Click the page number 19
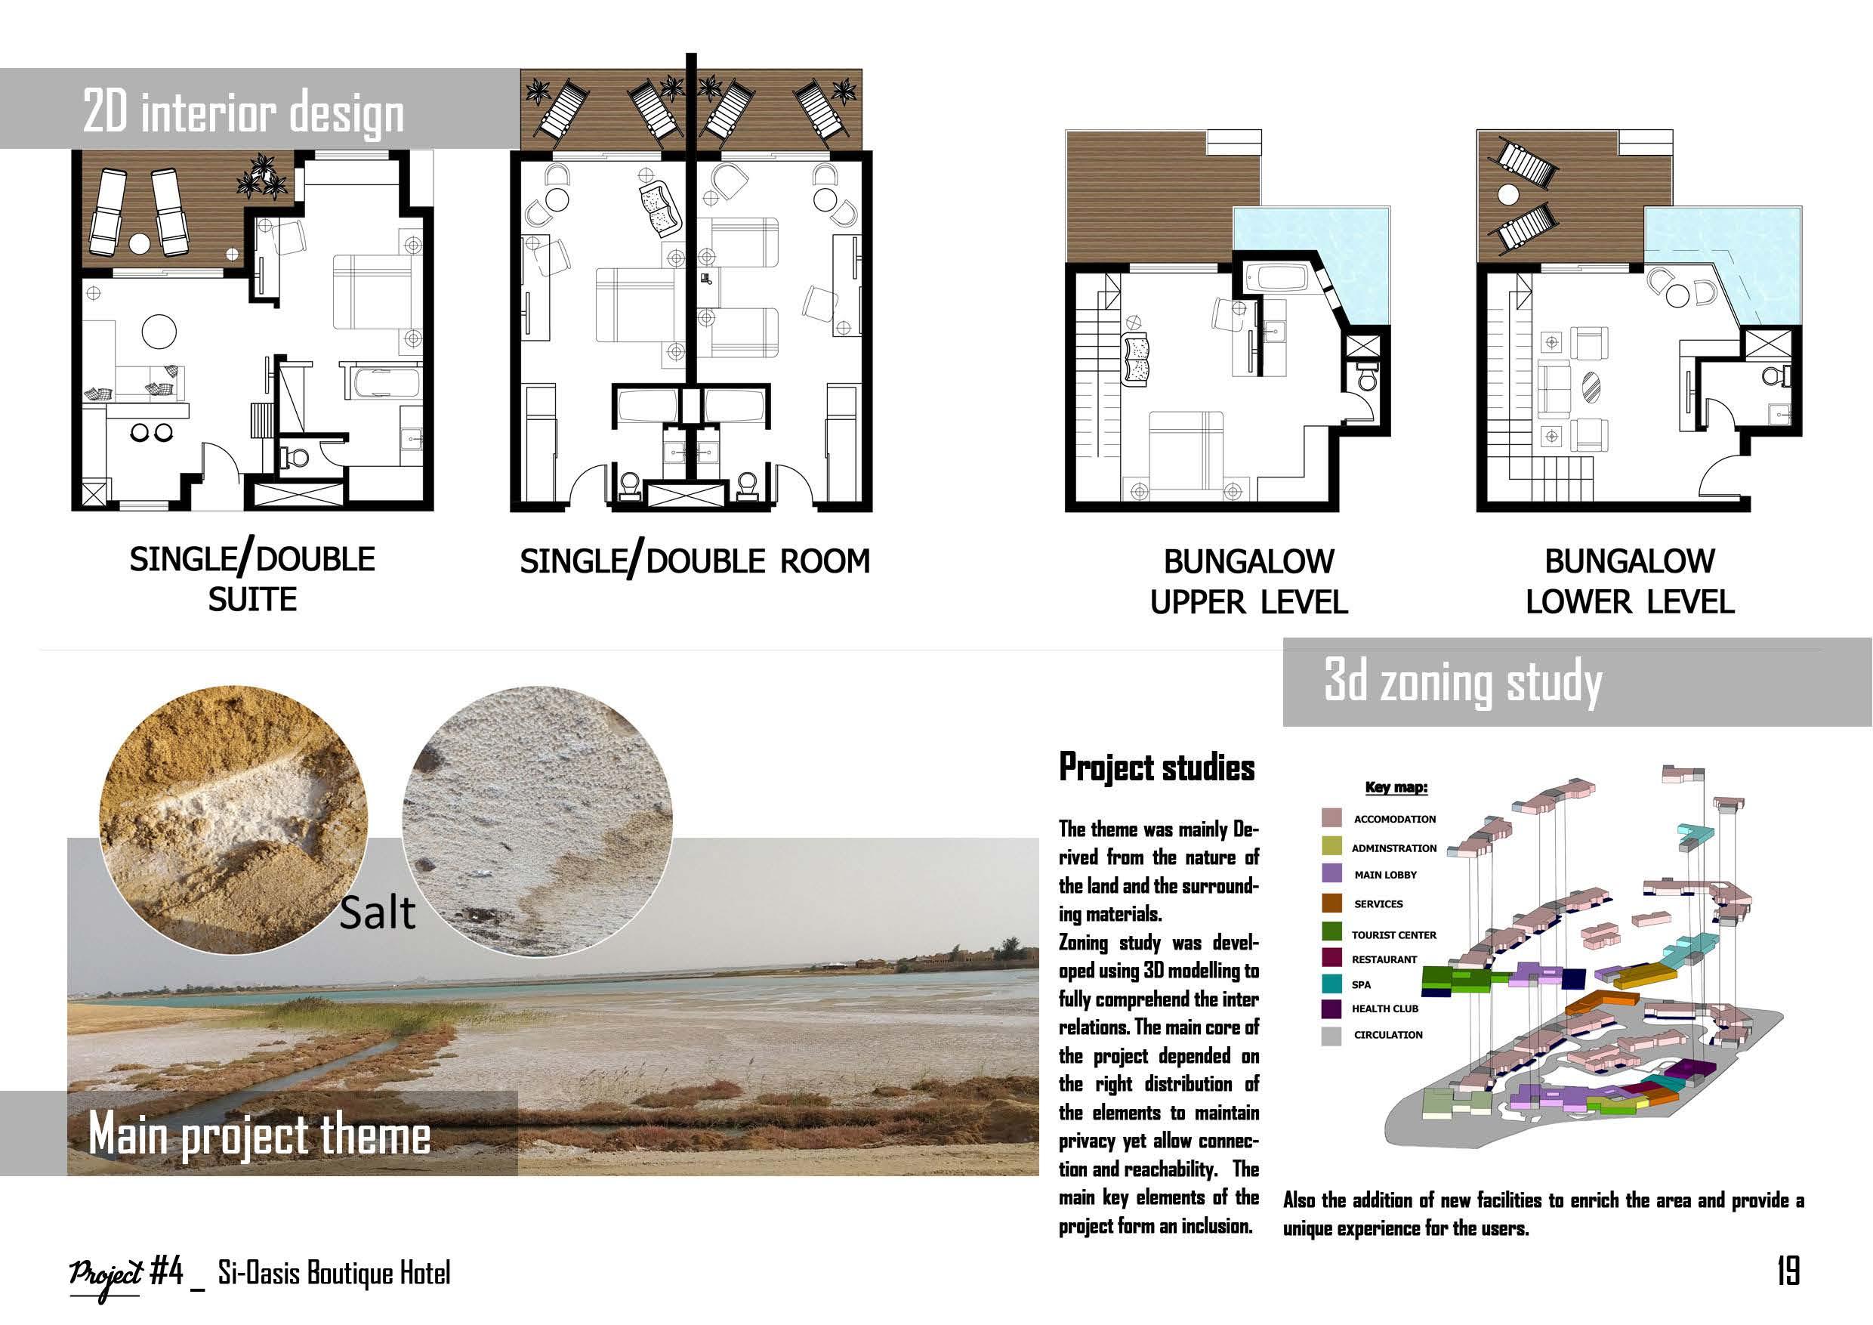(x=1788, y=1271)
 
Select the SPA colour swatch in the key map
(x=1331, y=985)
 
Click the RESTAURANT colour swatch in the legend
(x=1331, y=958)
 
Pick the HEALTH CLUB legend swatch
(x=1331, y=1008)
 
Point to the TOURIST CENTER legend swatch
(x=1331, y=931)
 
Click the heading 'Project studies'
(x=1156, y=767)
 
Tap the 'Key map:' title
(x=1396, y=787)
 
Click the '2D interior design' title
(x=243, y=113)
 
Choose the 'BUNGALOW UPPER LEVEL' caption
(x=1248, y=581)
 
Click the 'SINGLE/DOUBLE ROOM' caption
(x=694, y=561)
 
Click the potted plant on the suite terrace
(x=264, y=177)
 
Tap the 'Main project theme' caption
(x=259, y=1134)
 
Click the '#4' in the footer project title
(x=167, y=1272)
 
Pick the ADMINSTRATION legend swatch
(x=1331, y=846)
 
